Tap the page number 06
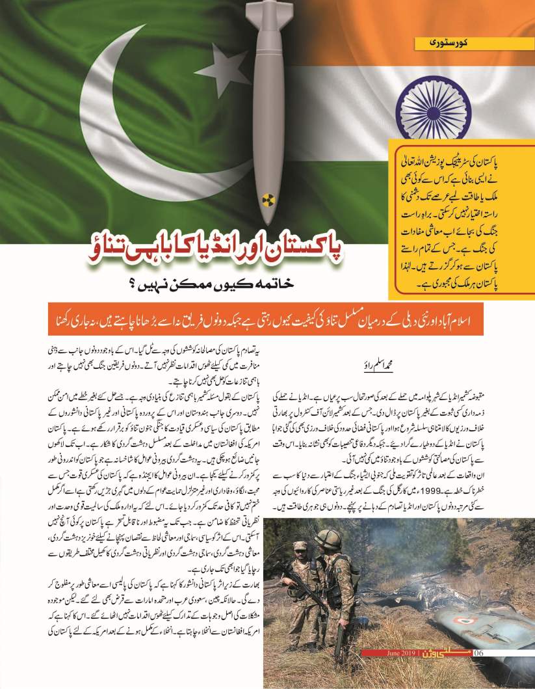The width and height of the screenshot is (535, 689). click(x=479, y=653)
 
